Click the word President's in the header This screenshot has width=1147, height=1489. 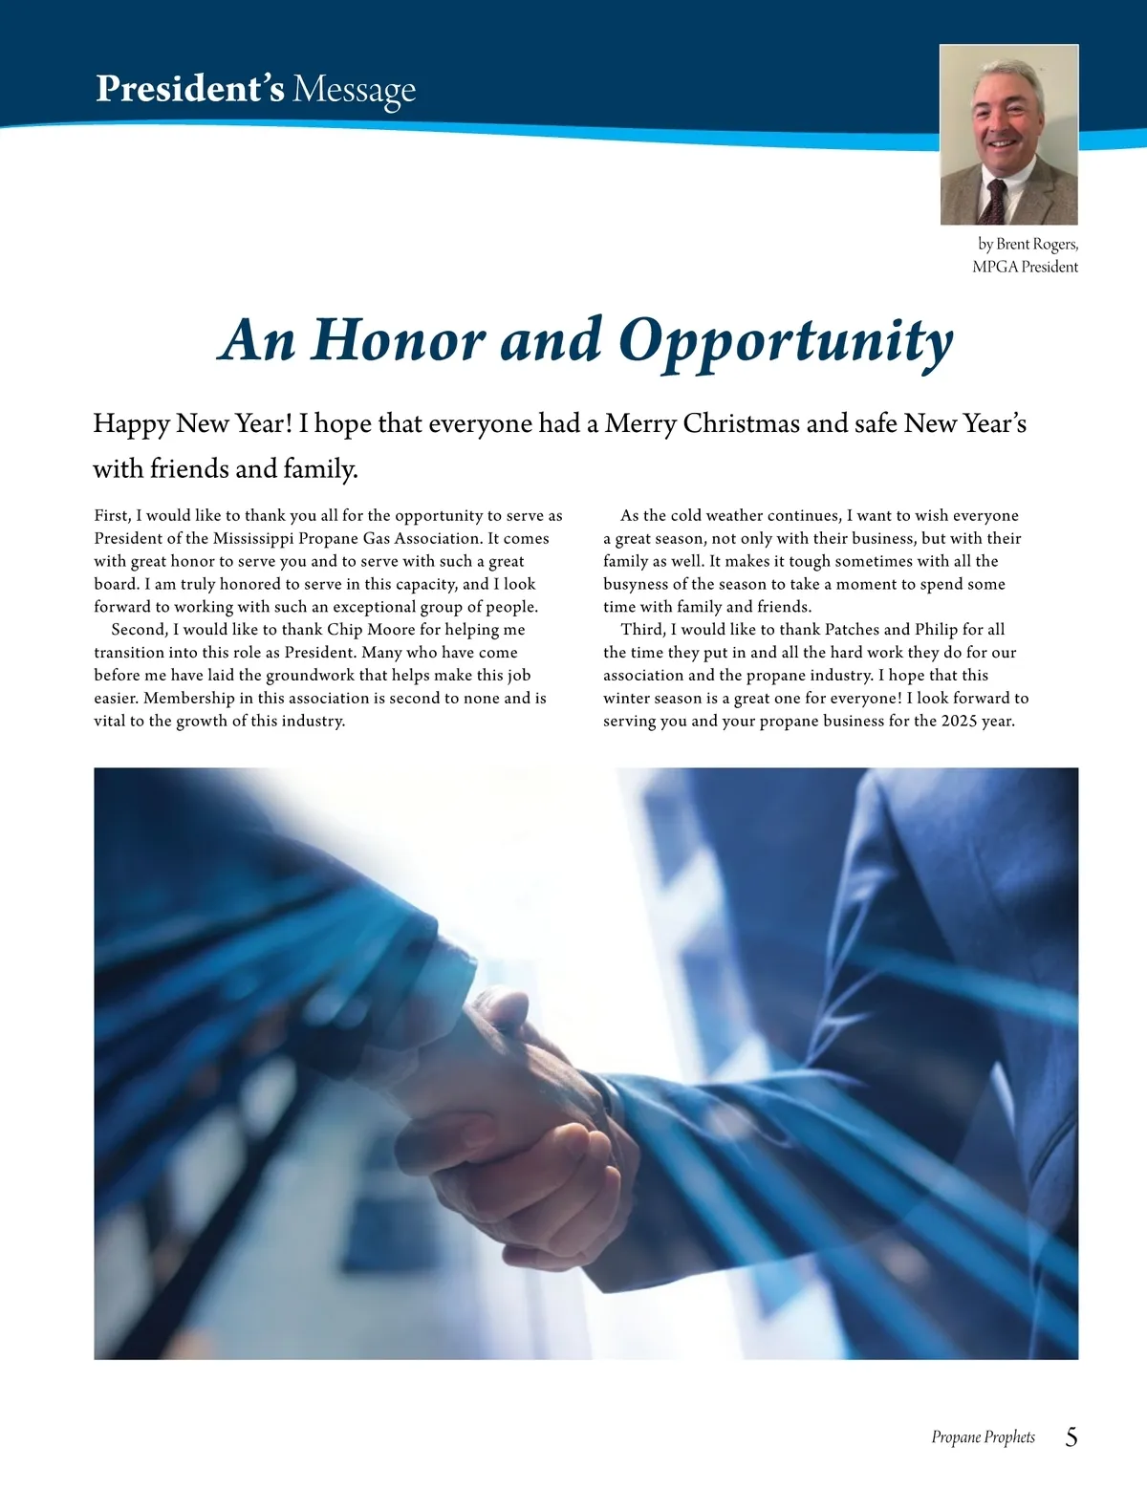point(189,89)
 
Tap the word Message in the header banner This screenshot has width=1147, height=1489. point(354,90)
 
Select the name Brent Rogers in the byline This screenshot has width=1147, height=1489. point(1037,244)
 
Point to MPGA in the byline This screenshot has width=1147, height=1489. point(994,267)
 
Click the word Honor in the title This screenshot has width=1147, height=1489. point(399,339)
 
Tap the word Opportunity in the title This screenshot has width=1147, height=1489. point(786,341)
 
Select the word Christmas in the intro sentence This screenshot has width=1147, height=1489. point(740,423)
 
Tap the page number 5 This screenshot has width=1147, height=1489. point(1071,1436)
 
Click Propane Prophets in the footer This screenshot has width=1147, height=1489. point(983,1437)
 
